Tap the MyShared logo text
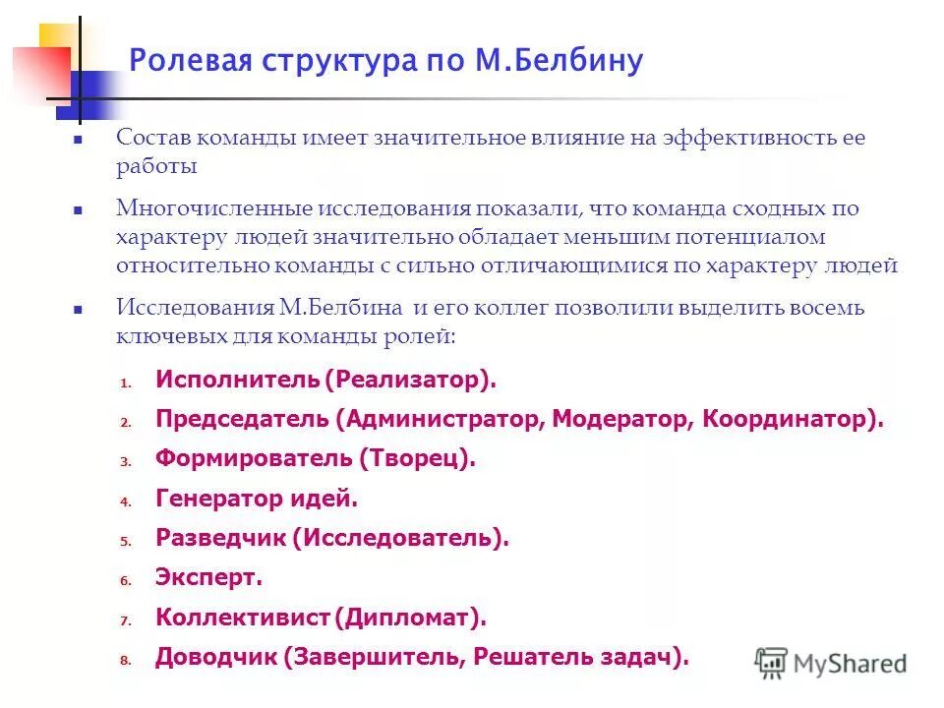point(850,664)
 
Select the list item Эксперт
point(208,578)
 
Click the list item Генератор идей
point(257,499)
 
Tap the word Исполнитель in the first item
point(236,380)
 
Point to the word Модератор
point(621,419)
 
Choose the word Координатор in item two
point(787,419)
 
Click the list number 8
point(126,661)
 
